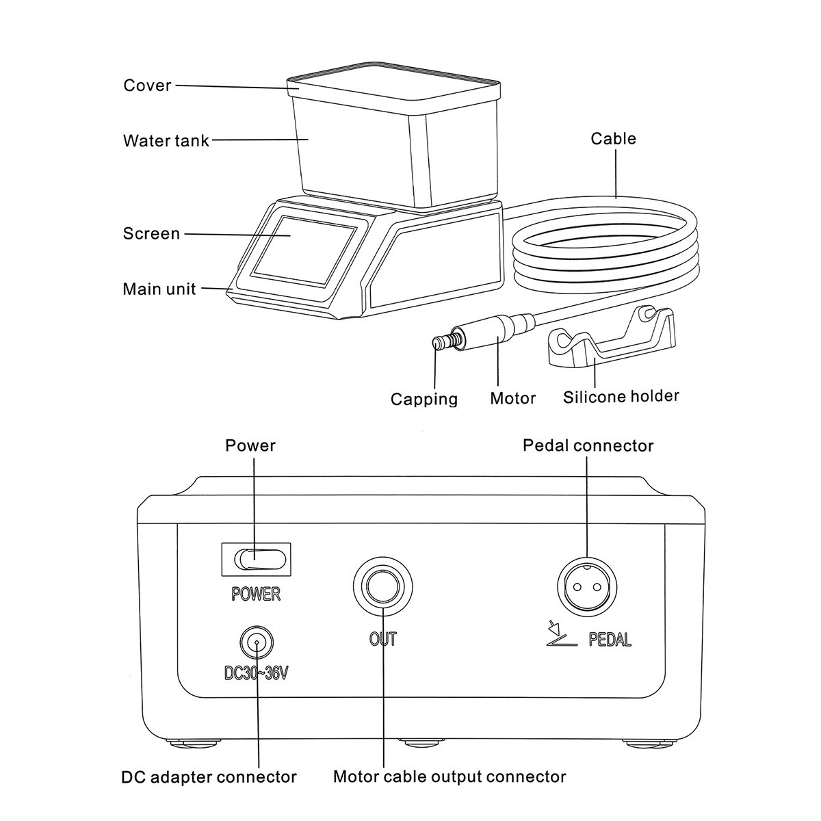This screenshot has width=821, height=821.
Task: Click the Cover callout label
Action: coord(147,86)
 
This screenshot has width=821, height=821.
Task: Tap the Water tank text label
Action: coord(166,141)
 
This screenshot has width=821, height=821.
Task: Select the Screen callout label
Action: coord(151,233)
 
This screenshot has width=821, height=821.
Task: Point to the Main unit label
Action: coord(159,289)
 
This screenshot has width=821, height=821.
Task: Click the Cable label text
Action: coord(613,138)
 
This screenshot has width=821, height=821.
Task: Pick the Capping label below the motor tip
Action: coord(424,399)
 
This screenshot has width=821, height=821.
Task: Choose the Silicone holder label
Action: coord(621,396)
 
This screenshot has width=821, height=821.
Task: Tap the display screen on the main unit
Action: coord(303,250)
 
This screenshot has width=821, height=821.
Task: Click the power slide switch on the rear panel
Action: coord(259,560)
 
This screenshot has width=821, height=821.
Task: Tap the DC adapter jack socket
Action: coord(257,642)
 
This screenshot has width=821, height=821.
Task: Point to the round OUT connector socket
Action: coord(382,586)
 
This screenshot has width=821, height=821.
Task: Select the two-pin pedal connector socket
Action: coord(586,586)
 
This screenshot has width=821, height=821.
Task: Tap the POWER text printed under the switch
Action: coord(256,593)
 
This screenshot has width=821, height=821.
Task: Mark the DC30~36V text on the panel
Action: coord(256,673)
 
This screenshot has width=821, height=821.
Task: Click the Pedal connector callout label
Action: coord(588,445)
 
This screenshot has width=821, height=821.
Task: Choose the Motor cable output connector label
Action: coord(449,777)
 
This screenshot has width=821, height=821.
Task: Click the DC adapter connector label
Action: coord(209,777)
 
